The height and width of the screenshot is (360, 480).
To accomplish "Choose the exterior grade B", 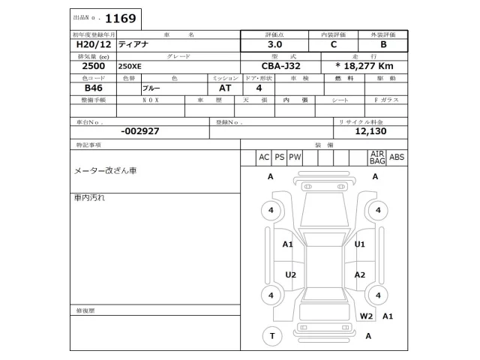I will (382, 45).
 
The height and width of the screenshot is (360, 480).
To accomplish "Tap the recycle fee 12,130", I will (370, 130).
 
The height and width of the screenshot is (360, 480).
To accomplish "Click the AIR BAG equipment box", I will (376, 157).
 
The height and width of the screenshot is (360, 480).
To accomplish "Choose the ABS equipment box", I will (397, 157).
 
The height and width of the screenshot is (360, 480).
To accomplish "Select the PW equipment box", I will (295, 157).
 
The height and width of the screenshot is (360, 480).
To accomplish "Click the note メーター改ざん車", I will (105, 171).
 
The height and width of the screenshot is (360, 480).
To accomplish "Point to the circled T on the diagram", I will (271, 335).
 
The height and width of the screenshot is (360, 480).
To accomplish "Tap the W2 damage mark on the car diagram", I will (366, 316).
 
